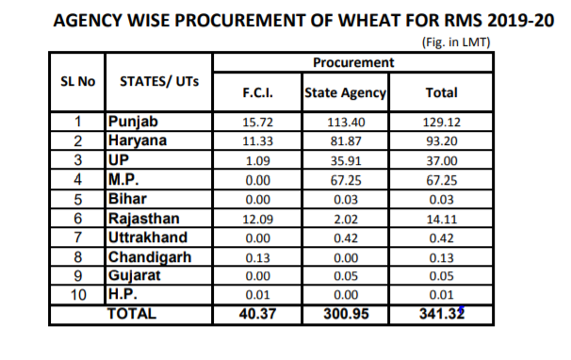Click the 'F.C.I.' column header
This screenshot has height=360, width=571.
click(x=257, y=92)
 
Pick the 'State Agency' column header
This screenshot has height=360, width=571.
click(x=346, y=92)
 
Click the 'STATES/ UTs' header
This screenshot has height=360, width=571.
click(x=160, y=82)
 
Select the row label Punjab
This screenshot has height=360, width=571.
click(x=135, y=122)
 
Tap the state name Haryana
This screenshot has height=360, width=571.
click(x=139, y=139)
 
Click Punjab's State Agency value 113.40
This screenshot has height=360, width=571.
click(x=346, y=123)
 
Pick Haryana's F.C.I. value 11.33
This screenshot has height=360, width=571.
click(x=257, y=140)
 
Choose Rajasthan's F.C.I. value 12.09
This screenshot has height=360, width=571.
click(x=257, y=219)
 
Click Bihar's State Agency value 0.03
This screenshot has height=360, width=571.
click(x=346, y=199)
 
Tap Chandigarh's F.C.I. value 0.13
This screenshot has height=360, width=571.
click(x=257, y=257)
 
